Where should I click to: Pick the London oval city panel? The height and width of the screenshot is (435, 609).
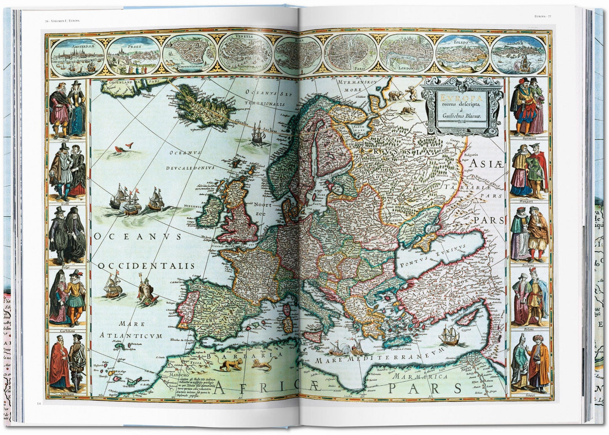[x=405, y=54]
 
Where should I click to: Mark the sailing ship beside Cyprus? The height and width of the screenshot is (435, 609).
[x=449, y=335]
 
